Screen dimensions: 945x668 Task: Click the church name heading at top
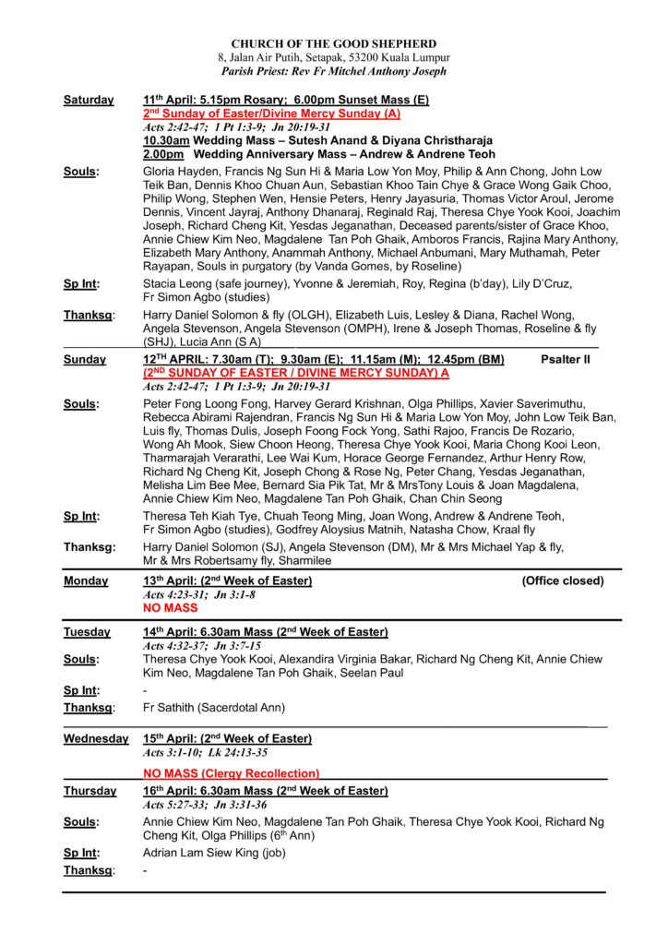click(334, 43)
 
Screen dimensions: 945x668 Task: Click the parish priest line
click(334, 71)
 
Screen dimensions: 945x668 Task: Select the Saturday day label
click(89, 100)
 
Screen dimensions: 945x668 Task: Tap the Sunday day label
click(84, 360)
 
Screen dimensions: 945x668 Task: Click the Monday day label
click(86, 580)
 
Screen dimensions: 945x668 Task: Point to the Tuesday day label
click(87, 632)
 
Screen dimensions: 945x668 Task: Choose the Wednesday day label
click(96, 738)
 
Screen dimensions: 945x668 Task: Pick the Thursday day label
click(90, 791)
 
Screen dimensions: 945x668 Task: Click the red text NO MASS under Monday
click(171, 609)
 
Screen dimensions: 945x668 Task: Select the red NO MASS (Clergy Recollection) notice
click(231, 773)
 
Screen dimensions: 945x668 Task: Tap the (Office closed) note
click(563, 580)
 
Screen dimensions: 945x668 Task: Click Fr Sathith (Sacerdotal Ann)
click(214, 708)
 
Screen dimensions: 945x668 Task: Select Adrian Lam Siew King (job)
click(214, 853)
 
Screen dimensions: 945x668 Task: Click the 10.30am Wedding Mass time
click(164, 140)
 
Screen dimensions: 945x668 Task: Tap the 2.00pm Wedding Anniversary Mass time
click(162, 154)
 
